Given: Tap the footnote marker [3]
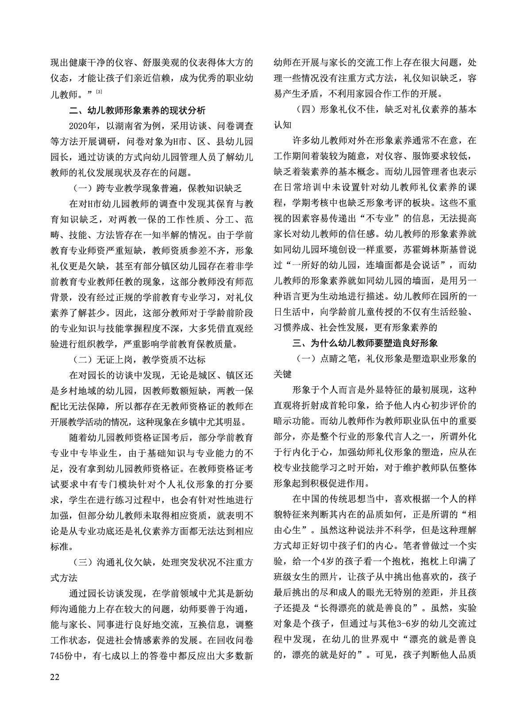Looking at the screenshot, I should (x=100, y=92).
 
